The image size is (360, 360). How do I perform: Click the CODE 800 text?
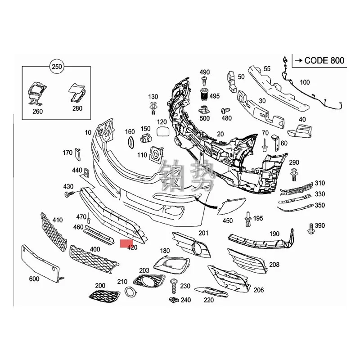(324, 60)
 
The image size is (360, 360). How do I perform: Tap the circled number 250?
(56, 67)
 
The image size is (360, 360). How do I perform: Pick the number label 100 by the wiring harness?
(305, 82)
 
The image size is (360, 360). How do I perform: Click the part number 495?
(215, 96)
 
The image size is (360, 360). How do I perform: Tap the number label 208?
(274, 265)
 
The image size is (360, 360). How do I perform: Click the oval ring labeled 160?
(130, 143)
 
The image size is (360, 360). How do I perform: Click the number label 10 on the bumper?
(87, 132)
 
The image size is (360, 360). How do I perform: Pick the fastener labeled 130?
(154, 107)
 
